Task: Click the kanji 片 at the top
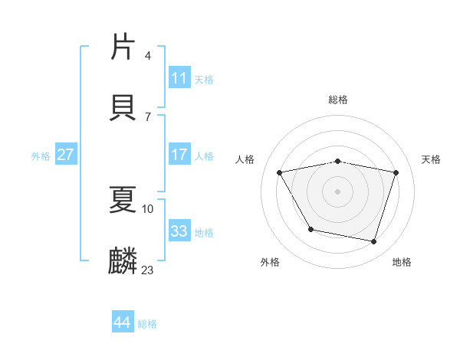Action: [x=123, y=47]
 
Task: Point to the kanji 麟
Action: [x=123, y=261]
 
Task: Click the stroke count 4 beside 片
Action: [x=147, y=56]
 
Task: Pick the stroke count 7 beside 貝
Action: [x=147, y=116]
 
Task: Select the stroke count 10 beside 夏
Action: [x=148, y=208]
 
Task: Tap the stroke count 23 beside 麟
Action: [x=148, y=270]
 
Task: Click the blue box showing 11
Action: [x=179, y=78]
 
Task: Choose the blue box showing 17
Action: [x=179, y=155]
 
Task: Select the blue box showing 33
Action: [x=179, y=231]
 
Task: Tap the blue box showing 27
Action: [x=65, y=155]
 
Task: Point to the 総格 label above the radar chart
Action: [x=338, y=100]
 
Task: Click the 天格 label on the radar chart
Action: [x=432, y=159]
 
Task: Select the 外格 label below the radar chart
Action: [x=270, y=262]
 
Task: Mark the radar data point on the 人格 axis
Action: [x=280, y=173]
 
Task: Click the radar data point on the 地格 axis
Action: [x=373, y=241]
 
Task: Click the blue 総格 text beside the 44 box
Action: [x=147, y=324]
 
